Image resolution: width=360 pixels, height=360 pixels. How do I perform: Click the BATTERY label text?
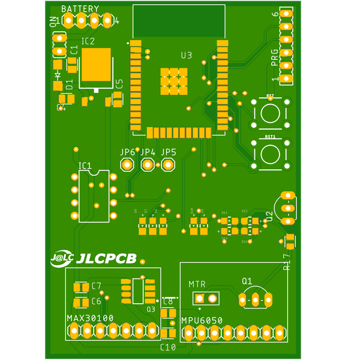coord(80,10)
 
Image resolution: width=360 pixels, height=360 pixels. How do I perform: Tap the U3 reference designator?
coord(187,55)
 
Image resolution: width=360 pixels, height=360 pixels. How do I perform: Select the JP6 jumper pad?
coord(127,165)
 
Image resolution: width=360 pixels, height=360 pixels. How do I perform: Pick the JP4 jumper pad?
coord(148,165)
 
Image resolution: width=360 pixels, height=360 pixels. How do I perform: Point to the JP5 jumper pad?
coord(168,165)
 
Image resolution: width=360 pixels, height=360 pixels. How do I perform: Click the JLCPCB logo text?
coord(107,259)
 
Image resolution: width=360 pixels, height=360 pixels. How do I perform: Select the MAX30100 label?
coord(90,318)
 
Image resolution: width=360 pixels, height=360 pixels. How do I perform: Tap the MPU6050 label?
coord(202,321)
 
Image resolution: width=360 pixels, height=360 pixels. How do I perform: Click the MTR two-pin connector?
coord(206,298)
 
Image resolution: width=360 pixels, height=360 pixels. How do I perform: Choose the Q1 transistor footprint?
coord(255,298)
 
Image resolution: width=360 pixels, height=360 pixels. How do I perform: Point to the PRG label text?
coord(275,58)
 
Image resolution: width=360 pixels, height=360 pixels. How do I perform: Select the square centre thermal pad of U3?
coord(173,81)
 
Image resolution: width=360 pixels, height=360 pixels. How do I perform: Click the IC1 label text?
coord(85,166)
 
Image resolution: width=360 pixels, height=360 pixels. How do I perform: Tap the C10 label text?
coord(168,347)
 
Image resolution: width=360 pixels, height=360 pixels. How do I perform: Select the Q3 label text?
coord(151,310)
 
